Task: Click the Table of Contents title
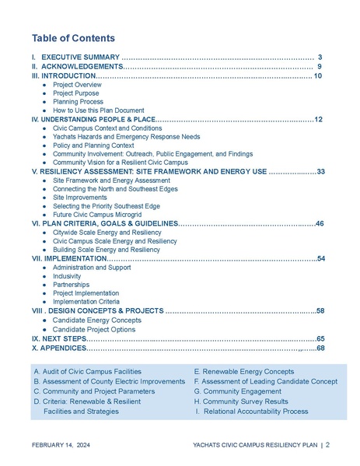[73, 38]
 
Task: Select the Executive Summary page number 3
[320, 58]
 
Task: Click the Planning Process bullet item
[78, 102]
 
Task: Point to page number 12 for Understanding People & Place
[318, 120]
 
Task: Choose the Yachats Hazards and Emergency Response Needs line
[124, 137]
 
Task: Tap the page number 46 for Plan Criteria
[320, 223]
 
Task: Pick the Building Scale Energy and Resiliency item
[106, 250]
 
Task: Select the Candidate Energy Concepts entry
[97, 320]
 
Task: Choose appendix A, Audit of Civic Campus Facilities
[88, 372]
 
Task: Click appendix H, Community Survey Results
[240, 401]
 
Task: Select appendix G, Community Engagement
[239, 391]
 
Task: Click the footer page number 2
[327, 446]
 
